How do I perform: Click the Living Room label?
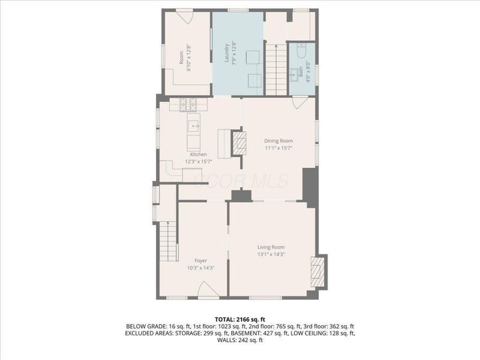pos(271,247)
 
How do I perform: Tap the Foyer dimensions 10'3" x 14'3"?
pos(201,268)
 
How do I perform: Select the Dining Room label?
pos(278,140)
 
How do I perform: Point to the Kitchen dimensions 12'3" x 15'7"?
pos(199,161)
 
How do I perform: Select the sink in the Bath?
pos(294,74)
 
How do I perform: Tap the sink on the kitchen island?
pos(194,127)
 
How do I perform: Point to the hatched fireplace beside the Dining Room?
pos(239,143)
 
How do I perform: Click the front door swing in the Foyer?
pos(208,292)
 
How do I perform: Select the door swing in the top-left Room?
pos(184,17)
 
